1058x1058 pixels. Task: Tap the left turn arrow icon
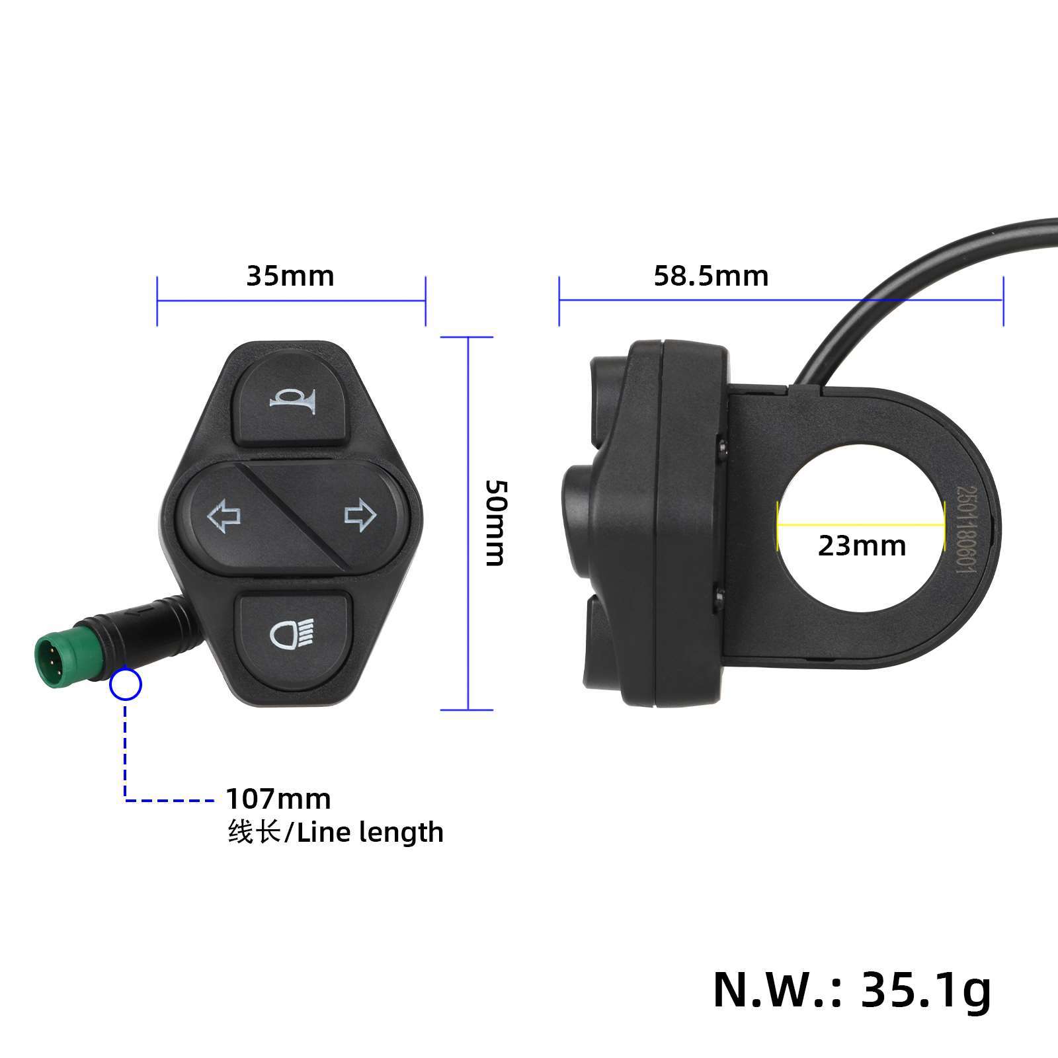224,516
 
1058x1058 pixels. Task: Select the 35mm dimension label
290,276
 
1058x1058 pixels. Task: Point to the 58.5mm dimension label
711,276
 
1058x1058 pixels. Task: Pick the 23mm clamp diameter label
862,546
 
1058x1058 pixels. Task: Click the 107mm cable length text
278,799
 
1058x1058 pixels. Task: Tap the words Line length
370,833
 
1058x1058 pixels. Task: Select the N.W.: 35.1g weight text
852,989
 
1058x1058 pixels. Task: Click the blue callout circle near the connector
126,685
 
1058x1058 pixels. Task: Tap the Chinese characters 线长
254,833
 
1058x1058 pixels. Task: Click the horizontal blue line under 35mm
291,301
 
